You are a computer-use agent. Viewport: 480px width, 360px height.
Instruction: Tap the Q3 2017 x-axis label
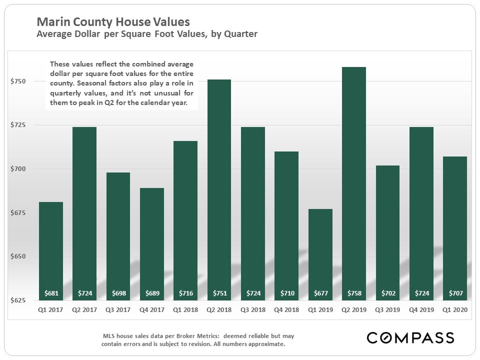tap(117, 310)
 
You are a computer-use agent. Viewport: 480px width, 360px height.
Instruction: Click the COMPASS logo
tap(410, 337)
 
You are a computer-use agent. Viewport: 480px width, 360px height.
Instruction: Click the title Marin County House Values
tap(113, 22)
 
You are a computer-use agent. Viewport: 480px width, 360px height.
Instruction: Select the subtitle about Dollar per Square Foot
tap(147, 34)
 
